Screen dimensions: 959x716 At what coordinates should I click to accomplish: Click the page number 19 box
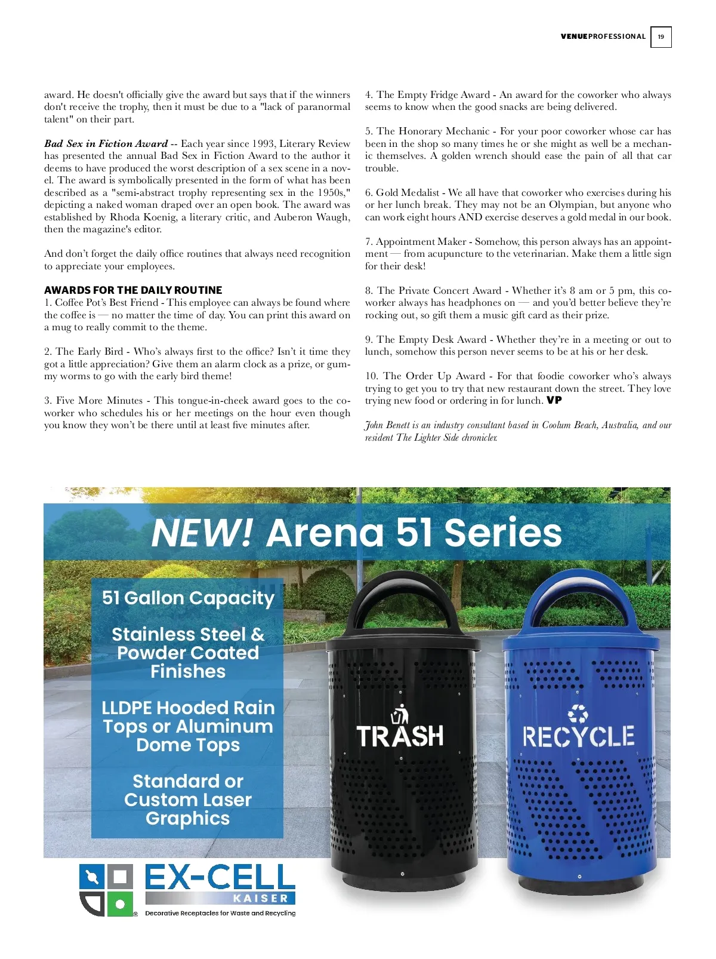tap(661, 37)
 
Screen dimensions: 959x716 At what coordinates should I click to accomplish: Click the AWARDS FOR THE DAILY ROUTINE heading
tap(133, 290)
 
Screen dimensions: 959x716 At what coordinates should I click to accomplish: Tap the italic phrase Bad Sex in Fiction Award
tap(106, 144)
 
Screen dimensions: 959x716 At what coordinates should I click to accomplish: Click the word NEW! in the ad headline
tap(202, 533)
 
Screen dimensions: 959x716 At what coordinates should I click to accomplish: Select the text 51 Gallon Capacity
tap(188, 598)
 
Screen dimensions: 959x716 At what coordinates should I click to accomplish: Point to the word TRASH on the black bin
tap(400, 736)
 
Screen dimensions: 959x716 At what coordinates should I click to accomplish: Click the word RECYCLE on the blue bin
tap(578, 737)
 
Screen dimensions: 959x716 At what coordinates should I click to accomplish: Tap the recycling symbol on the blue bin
tap(578, 713)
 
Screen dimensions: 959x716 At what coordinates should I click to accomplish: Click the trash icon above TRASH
tap(400, 714)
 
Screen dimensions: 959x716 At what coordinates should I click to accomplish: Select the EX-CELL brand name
tap(220, 878)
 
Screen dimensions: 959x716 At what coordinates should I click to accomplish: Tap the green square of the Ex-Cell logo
tap(120, 904)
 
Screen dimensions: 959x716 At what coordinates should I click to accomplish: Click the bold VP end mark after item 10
tap(554, 401)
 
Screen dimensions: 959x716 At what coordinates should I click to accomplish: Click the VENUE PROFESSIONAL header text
tap(603, 37)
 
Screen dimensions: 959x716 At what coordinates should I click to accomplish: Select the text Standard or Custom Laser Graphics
tap(188, 800)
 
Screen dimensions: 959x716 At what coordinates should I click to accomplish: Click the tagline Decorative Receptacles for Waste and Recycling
tap(220, 914)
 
